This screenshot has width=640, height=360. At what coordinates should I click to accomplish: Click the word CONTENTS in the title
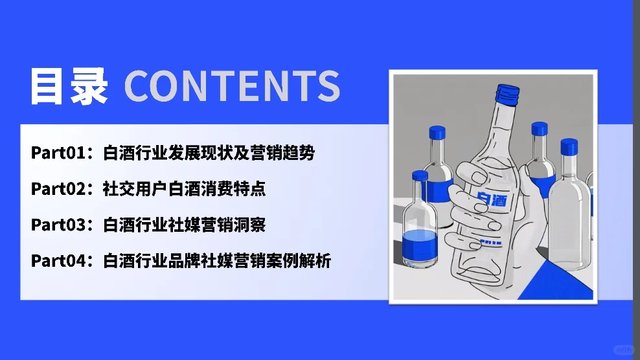tap(231, 85)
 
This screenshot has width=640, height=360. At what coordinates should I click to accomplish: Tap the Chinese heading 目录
tap(69, 85)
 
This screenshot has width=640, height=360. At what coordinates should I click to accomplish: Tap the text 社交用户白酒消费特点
tap(184, 189)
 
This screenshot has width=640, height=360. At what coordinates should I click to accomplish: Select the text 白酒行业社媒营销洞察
tap(184, 225)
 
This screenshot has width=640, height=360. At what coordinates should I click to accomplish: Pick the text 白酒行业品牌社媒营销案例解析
tap(217, 261)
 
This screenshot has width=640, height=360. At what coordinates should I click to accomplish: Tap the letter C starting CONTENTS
tap(138, 85)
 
